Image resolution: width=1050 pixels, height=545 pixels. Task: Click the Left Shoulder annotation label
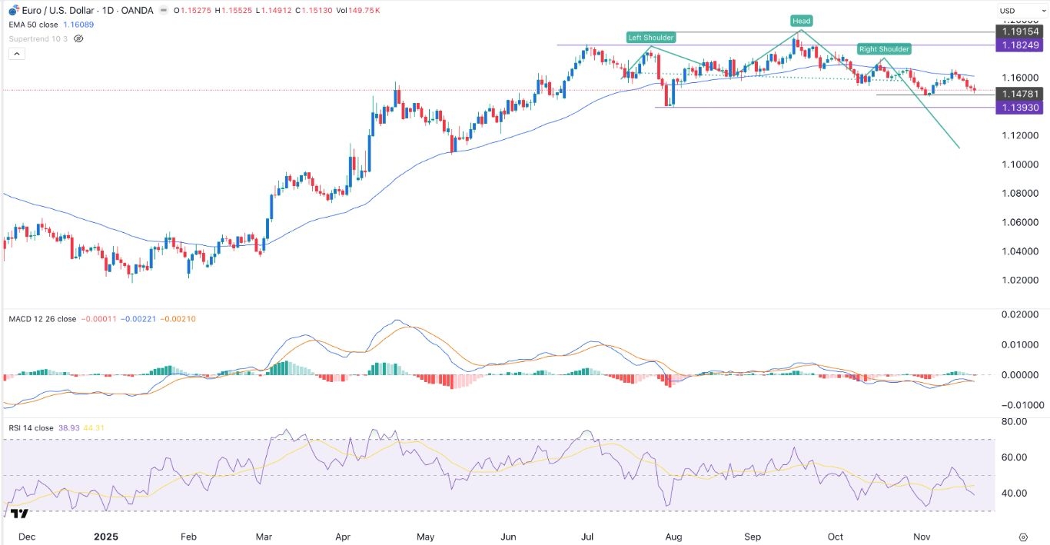(651, 38)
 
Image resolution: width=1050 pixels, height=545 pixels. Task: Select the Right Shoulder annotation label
(884, 49)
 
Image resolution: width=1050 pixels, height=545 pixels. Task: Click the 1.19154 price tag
(1018, 32)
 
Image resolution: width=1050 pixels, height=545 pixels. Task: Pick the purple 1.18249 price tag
(1018, 45)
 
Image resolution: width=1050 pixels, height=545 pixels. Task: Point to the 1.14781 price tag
(1018, 94)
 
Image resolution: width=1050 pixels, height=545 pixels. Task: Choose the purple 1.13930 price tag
(1018, 108)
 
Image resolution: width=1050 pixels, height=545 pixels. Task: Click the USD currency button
(1006, 10)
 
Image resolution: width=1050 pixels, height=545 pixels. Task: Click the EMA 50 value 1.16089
(72, 23)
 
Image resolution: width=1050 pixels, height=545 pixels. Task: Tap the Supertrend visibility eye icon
(78, 38)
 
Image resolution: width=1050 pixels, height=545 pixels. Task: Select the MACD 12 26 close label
(42, 319)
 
